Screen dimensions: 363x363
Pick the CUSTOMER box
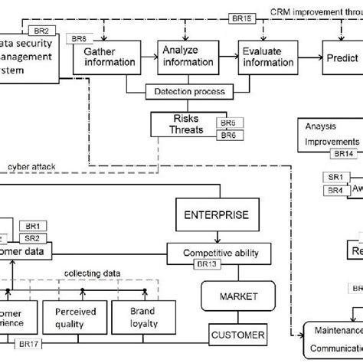(x=237, y=335)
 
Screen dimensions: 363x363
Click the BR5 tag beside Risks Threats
(x=227, y=123)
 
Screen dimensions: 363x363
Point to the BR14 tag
(x=342, y=153)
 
